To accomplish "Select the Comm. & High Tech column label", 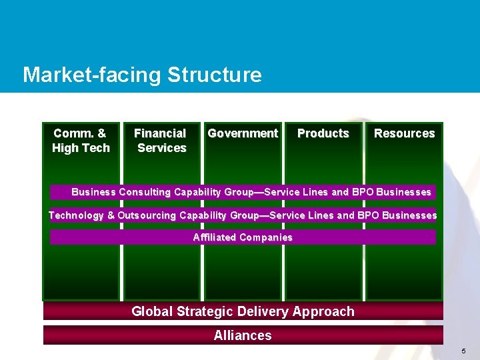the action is click(81, 141).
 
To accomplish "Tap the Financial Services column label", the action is click(161, 141).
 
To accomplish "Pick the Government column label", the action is click(243, 133).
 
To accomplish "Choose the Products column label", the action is click(323, 133).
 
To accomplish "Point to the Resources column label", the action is click(404, 133).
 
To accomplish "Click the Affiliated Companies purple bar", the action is click(243, 237).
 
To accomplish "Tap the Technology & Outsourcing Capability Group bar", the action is click(243, 215).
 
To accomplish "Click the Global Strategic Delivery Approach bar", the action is click(243, 311).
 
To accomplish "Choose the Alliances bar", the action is click(243, 335).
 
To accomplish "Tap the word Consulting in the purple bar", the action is click(145, 192).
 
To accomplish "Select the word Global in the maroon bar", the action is click(152, 311).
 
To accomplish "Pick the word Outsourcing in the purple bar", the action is click(146, 215).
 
